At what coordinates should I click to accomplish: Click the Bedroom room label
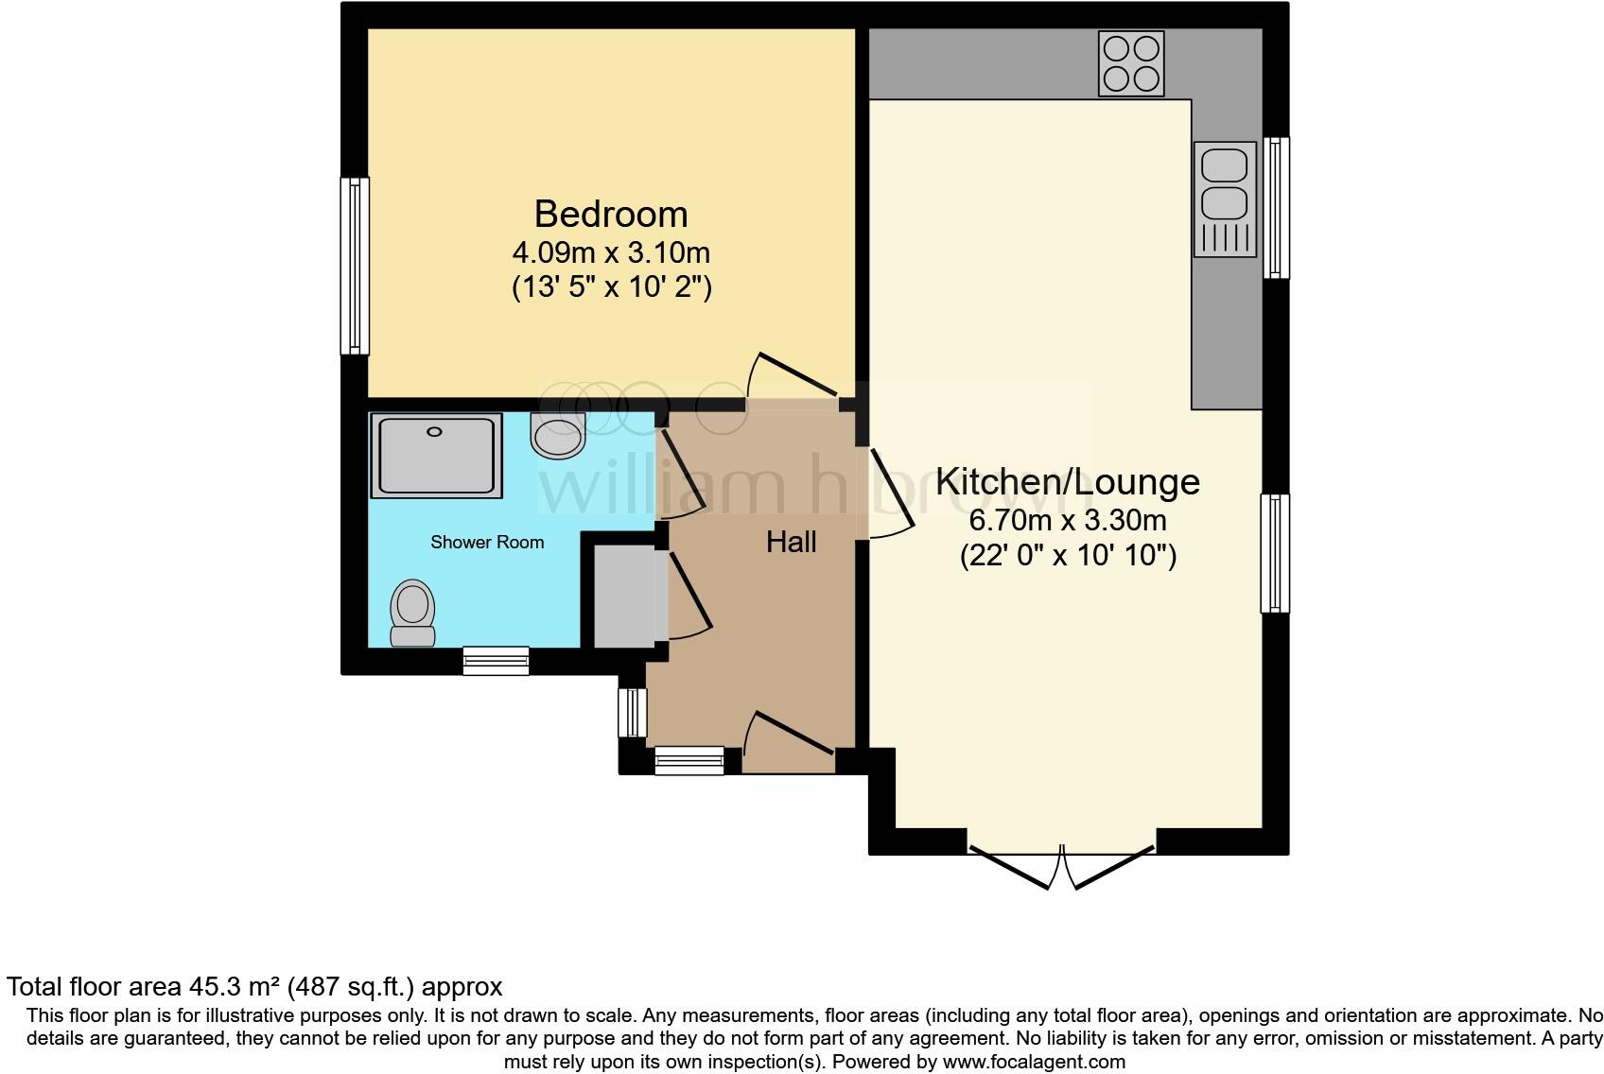(x=610, y=214)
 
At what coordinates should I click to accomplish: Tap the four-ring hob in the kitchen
(x=1130, y=63)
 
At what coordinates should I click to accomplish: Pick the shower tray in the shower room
(x=436, y=456)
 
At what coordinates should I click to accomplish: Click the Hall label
(x=791, y=542)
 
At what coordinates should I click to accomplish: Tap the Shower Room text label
(x=487, y=543)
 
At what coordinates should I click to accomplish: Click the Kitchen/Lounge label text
(x=1067, y=481)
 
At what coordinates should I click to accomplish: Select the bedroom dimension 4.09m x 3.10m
(x=610, y=253)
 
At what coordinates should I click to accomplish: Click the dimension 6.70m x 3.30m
(x=1067, y=521)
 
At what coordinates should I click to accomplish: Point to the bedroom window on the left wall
(x=355, y=266)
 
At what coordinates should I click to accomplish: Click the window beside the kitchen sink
(x=1276, y=207)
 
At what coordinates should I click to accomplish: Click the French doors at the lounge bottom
(x=1061, y=863)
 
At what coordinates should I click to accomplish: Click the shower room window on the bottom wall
(x=496, y=660)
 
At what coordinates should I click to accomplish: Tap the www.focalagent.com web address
(x=1034, y=1062)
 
